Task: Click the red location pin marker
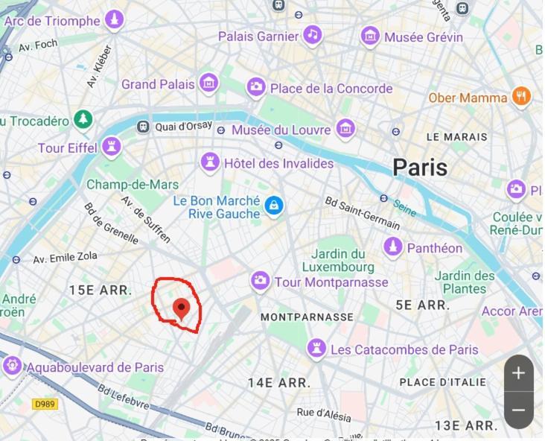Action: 181,308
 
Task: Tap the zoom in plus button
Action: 519,373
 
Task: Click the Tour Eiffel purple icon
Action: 112,147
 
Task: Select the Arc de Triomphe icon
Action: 114,20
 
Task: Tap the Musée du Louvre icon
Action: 345,130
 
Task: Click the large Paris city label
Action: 420,167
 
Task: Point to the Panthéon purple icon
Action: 393,247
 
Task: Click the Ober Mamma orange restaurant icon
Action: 521,97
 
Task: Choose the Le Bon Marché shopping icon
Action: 274,206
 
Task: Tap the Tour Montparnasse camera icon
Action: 260,282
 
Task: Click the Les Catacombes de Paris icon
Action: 316,349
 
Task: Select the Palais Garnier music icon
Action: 313,35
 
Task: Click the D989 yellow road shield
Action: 45,404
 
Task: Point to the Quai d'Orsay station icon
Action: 143,127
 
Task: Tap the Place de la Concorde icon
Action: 256,88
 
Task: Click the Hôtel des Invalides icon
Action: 210,162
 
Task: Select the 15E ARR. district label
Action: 100,290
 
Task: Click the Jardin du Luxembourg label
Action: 338,260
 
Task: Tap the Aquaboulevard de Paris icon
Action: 12,367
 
